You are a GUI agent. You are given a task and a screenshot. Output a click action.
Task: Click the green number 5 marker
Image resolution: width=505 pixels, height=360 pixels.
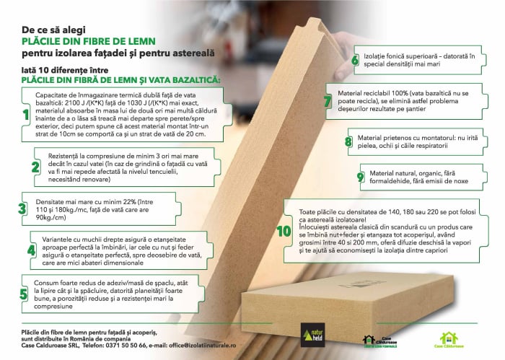pos(24,294)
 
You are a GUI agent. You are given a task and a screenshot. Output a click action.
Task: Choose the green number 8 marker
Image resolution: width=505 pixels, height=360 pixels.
pos(349,141)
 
